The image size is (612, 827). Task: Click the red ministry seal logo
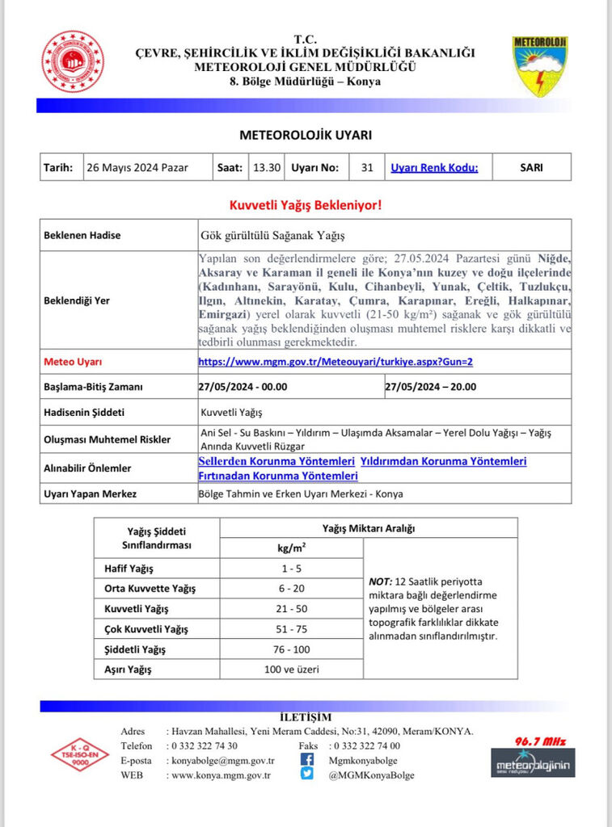pos(73,61)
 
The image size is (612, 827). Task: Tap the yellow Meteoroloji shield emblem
pos(540,65)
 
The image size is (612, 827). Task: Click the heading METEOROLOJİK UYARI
pos(306,135)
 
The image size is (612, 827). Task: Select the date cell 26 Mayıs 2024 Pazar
pos(138,168)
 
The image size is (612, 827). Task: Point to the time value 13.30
pos(267,168)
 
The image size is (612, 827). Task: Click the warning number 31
pos(367,168)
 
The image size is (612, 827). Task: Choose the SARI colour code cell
pos(531,168)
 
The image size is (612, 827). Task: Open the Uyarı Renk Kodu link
pos(434,168)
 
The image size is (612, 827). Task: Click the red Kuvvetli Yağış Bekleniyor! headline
pos(306,204)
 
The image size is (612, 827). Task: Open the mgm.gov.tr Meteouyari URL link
pos(336,362)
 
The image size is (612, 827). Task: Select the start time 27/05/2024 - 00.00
pos(243,386)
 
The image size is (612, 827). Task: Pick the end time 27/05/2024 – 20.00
pos(430,386)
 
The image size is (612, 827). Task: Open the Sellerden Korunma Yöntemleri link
pos(276,461)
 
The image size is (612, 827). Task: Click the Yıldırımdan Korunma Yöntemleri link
pos(443,461)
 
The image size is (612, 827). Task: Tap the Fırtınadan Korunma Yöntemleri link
pos(278,476)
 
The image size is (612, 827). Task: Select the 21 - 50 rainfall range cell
pos(291,608)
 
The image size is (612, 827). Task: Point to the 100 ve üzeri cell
pos(291,669)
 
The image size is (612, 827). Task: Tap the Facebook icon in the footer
pos(307,759)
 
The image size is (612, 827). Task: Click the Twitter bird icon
pos(307,774)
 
